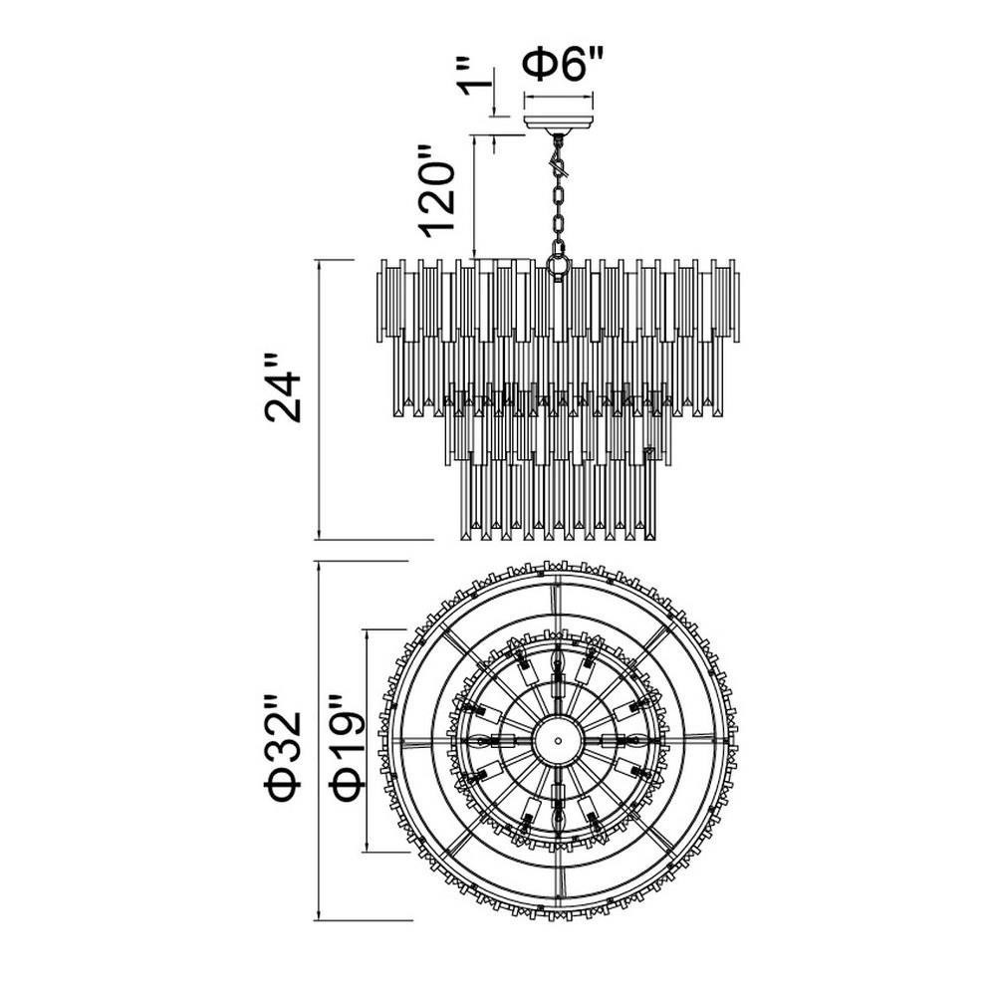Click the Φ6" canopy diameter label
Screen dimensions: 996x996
click(x=561, y=66)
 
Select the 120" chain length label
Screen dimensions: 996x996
click(x=438, y=190)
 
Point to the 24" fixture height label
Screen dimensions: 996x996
click(x=283, y=387)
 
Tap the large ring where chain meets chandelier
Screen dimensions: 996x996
click(x=559, y=266)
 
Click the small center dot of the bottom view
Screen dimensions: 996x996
click(x=558, y=741)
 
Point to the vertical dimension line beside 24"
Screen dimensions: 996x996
click(x=319, y=399)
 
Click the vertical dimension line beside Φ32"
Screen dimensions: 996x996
click(x=319, y=741)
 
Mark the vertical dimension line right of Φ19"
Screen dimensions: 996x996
click(x=368, y=741)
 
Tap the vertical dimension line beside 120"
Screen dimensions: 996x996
click(x=474, y=197)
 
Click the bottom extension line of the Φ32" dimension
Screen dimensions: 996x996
click(x=364, y=920)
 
